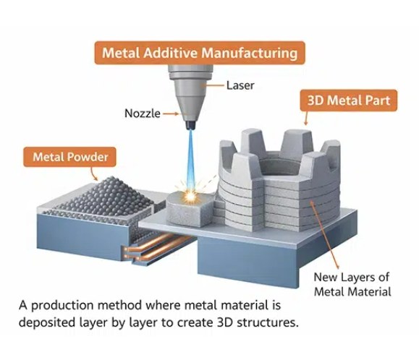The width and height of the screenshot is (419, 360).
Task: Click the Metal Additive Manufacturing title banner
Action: click(x=200, y=53)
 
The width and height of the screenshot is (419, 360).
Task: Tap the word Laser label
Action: click(x=240, y=85)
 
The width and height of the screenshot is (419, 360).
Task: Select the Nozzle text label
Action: click(x=143, y=113)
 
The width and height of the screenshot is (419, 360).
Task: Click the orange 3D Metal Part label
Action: click(x=349, y=100)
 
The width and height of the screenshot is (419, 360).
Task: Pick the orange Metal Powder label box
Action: click(x=70, y=157)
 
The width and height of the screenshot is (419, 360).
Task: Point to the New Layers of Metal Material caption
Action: click(x=352, y=284)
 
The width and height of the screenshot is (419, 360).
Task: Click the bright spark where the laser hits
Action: click(x=190, y=196)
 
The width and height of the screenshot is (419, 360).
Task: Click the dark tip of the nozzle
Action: click(x=190, y=125)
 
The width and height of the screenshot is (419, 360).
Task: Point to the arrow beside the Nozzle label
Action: click(x=171, y=114)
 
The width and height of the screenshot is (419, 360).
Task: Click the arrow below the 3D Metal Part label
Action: click(x=307, y=118)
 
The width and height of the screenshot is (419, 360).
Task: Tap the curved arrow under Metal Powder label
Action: click(x=94, y=174)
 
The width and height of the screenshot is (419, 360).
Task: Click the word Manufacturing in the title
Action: click(x=250, y=53)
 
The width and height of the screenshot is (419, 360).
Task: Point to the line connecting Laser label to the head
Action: click(x=214, y=85)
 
